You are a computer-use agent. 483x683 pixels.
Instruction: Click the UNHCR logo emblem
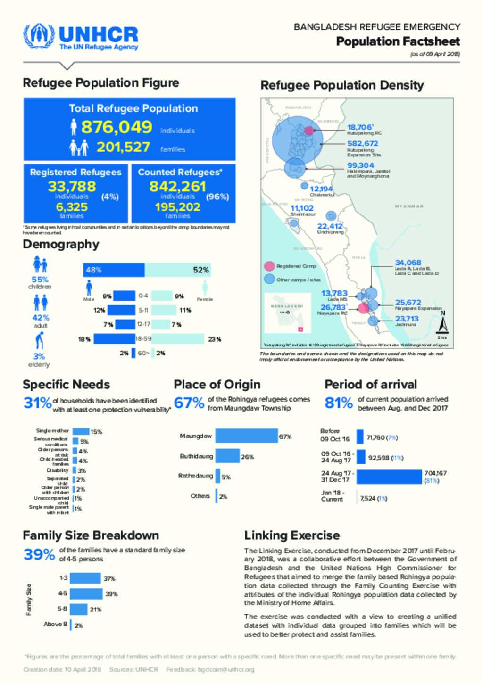click(39, 36)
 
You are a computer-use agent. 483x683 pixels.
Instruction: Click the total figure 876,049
click(117, 127)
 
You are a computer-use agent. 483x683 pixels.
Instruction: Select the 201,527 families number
click(123, 148)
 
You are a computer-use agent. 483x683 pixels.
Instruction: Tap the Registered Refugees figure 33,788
click(72, 187)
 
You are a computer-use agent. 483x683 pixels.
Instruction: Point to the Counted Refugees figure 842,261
click(177, 187)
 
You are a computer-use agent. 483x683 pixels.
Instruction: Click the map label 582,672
click(363, 143)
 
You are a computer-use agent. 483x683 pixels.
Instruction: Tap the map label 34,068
click(408, 263)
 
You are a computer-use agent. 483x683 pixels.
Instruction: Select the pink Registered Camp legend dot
click(269, 266)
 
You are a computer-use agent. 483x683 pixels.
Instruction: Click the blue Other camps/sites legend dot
click(269, 279)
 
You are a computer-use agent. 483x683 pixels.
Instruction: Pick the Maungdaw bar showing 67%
click(246, 436)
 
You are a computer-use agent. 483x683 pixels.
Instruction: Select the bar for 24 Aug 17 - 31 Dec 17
click(389, 477)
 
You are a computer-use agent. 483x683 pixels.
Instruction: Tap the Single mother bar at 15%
click(81, 431)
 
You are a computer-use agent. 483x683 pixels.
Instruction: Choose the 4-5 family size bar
click(86, 593)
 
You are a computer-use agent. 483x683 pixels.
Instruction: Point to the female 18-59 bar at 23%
click(177, 339)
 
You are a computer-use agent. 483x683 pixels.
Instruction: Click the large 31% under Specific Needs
click(37, 403)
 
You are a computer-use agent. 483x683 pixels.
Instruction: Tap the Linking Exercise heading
click(292, 535)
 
